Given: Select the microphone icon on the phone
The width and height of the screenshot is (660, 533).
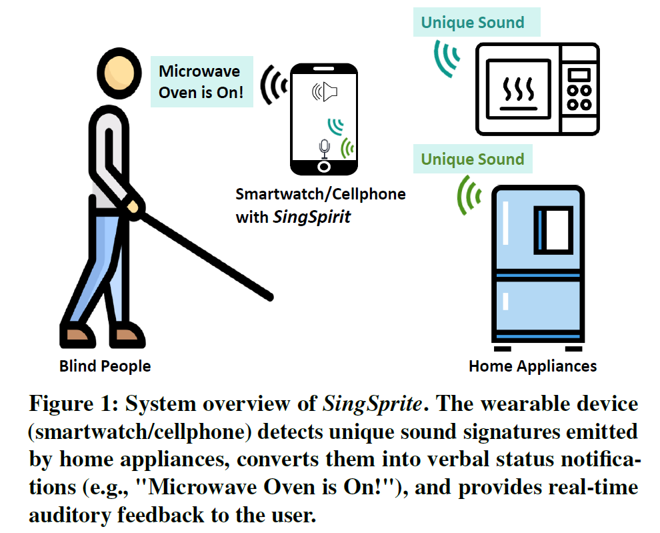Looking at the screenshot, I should (x=324, y=147).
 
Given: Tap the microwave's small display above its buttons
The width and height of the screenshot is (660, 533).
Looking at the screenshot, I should (x=579, y=73).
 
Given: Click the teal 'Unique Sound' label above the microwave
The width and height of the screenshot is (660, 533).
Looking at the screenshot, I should (x=472, y=23).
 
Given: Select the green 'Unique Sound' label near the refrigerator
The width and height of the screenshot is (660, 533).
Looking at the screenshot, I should (x=472, y=159).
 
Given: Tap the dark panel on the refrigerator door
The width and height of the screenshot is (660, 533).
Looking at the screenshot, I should (x=553, y=228).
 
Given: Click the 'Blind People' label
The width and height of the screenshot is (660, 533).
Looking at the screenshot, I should (x=105, y=366).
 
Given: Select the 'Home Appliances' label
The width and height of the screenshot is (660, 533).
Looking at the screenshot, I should (x=532, y=366).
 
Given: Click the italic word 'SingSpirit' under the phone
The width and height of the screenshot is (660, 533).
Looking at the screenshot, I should (x=311, y=217).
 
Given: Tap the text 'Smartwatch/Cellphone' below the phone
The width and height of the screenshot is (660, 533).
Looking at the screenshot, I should (x=320, y=194).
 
